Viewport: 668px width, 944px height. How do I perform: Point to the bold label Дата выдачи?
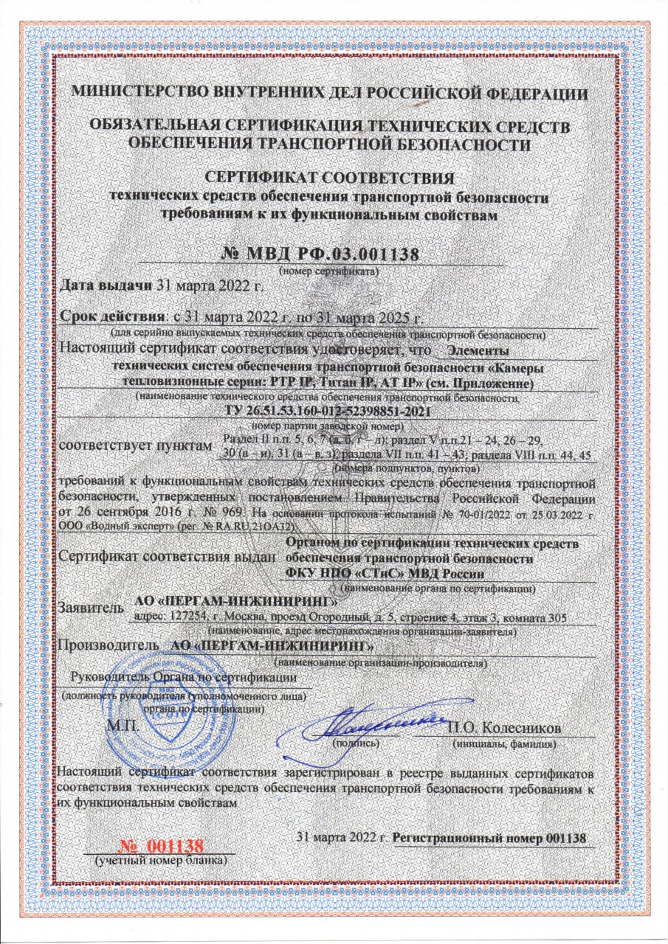coord(103,287)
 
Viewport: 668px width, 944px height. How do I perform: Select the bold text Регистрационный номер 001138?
coord(490,839)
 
